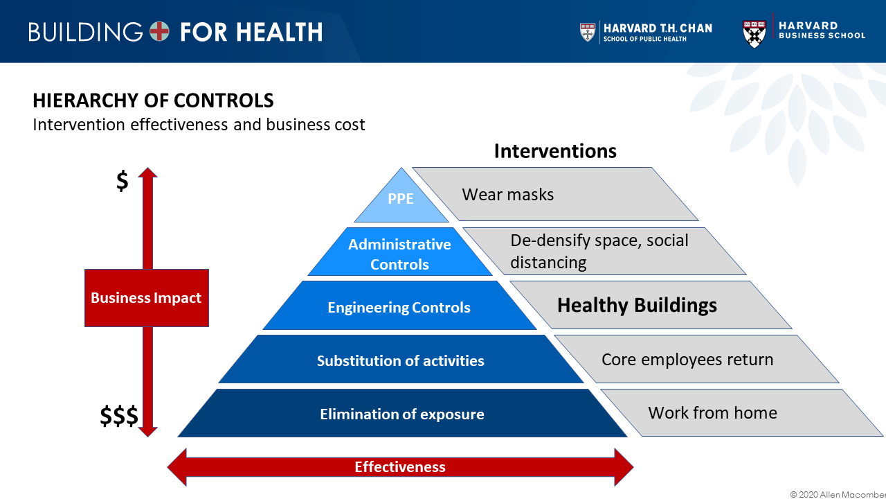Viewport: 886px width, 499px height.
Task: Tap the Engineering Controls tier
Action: [399, 306]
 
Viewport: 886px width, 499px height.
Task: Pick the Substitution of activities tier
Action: [401, 360]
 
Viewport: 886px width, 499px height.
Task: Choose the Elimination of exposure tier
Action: [402, 414]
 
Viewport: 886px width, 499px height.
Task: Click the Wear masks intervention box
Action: [555, 194]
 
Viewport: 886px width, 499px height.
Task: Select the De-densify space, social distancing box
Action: [604, 251]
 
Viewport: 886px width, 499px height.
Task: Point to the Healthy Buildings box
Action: [651, 305]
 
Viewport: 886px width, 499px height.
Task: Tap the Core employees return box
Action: [696, 359]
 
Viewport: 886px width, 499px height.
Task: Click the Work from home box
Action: [741, 412]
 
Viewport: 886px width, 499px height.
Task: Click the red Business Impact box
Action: [147, 298]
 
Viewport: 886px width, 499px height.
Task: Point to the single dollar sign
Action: [123, 181]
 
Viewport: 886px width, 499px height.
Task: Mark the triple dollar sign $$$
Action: [118, 415]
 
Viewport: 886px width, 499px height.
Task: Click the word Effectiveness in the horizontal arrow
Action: [400, 467]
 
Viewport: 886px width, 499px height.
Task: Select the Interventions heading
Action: [555, 151]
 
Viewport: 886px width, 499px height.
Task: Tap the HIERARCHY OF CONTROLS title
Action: [153, 100]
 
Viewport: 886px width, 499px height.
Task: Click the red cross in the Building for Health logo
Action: [159, 31]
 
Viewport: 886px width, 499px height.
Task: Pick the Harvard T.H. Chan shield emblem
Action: [588, 32]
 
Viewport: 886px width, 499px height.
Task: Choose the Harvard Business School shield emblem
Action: [754, 34]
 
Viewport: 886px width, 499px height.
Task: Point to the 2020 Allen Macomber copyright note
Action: [838, 494]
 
